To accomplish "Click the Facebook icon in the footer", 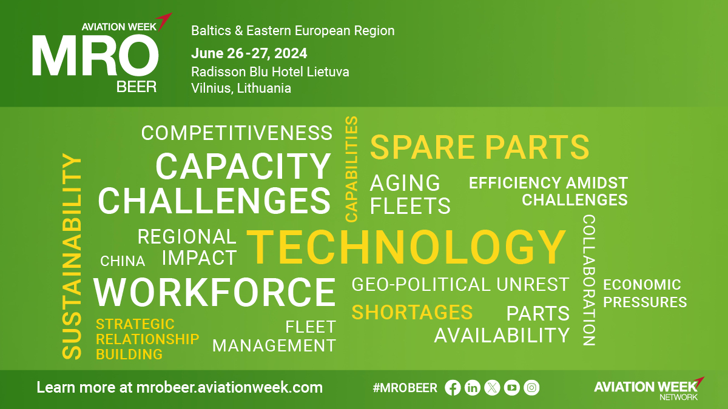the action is (453, 388).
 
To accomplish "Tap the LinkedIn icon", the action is (472, 388).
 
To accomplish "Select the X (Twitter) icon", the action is (492, 388).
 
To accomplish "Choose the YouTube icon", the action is (512, 388).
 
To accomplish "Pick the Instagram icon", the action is (531, 388).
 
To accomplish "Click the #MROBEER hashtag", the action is (405, 388).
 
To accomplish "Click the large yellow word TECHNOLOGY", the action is (406, 247).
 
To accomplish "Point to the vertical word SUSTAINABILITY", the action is (72, 256).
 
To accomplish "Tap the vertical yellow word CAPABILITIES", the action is (351, 169).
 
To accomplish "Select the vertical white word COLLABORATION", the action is (588, 280).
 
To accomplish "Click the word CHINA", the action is (123, 261).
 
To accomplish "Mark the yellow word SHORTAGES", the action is (412, 312).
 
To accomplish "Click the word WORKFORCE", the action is (215, 292).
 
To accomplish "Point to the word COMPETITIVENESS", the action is (237, 133).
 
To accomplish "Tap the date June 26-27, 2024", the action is (249, 53).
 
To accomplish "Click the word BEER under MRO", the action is (136, 87).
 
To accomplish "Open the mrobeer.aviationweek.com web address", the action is (229, 388).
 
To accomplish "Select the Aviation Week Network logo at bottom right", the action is (649, 389).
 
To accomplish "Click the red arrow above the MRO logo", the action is (164, 21).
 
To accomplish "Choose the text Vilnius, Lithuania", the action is (241, 88).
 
